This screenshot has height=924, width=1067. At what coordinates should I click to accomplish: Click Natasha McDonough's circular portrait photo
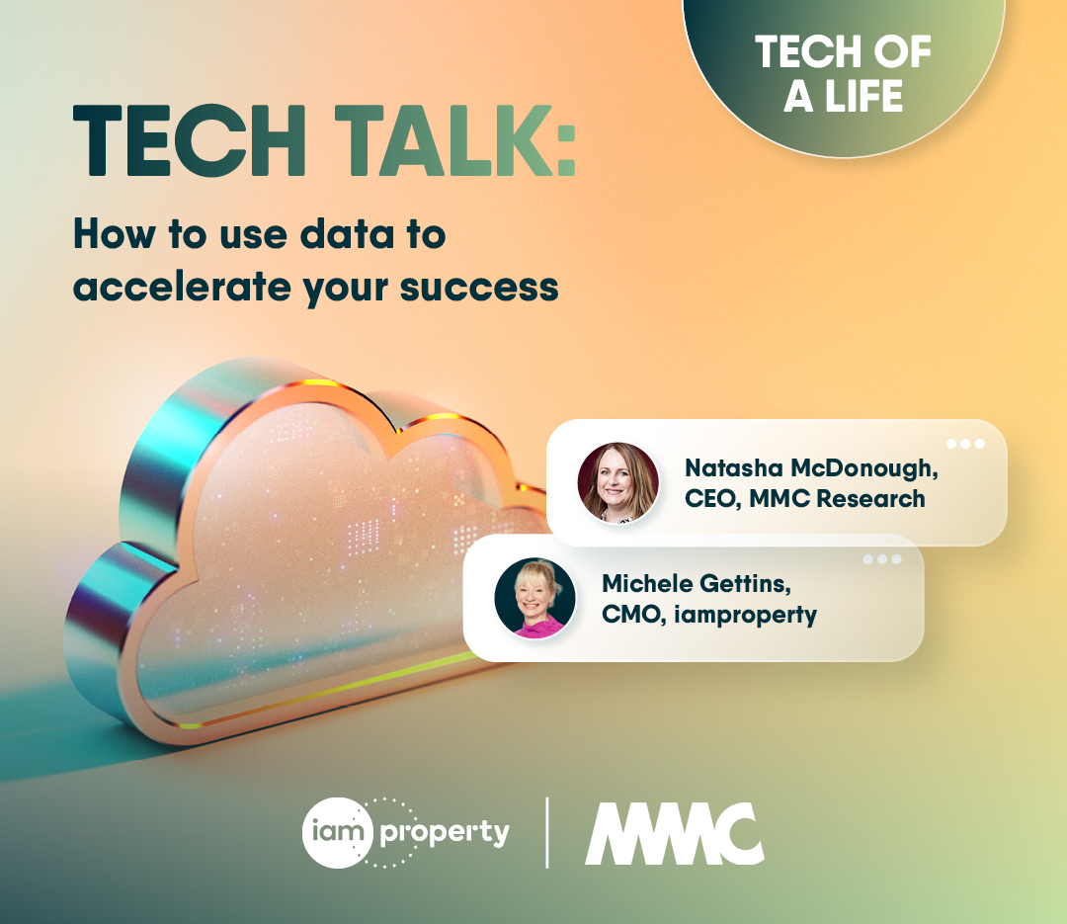(x=618, y=481)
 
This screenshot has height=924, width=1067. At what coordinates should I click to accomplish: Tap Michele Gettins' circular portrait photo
(x=534, y=597)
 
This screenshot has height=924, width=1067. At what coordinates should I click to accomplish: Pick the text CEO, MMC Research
(x=805, y=498)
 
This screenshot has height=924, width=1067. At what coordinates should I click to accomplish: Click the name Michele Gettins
(x=696, y=583)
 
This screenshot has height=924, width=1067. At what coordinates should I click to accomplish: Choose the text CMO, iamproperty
(x=709, y=614)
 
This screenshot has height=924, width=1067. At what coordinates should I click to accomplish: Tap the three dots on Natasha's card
(x=965, y=444)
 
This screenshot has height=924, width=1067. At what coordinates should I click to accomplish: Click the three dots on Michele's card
(x=882, y=559)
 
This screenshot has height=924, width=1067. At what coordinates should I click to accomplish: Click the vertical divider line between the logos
(x=547, y=832)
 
